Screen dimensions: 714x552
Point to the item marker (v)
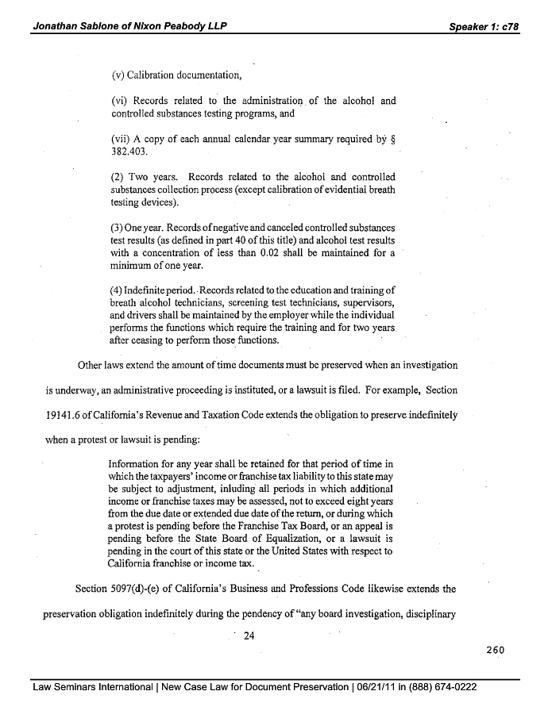tap(120, 76)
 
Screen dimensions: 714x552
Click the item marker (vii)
tap(123, 136)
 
